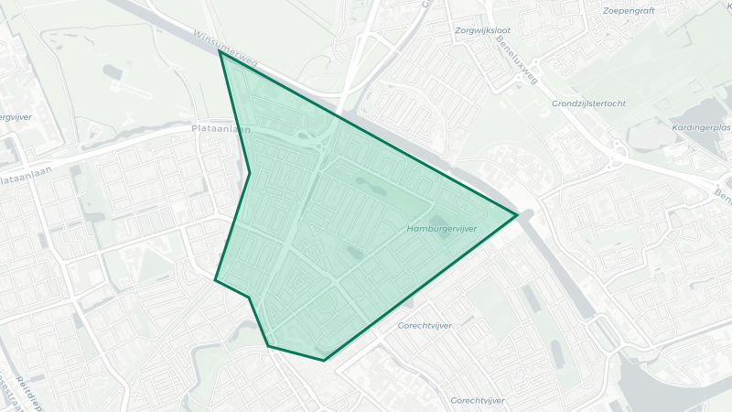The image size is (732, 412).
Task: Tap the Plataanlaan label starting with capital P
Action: (x=221, y=130)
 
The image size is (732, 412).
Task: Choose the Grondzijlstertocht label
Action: (x=589, y=103)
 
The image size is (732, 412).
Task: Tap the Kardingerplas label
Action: (x=701, y=127)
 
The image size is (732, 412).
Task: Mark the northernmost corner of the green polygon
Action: (x=221, y=52)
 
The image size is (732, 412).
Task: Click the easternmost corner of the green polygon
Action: (x=518, y=215)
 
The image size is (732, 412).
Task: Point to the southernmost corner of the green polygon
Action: (x=324, y=361)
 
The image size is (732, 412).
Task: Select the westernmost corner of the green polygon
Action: (x=215, y=280)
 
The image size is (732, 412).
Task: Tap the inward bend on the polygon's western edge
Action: (x=250, y=172)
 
